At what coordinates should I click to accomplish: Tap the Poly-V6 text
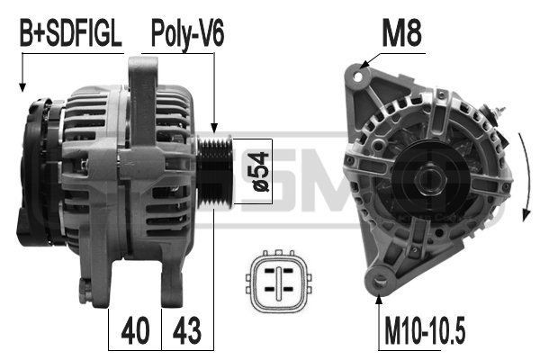tap(187, 36)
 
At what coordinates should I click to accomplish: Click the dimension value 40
tap(135, 330)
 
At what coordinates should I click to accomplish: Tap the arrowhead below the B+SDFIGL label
tap(20, 89)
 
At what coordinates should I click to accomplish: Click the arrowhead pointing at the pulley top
tap(214, 130)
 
